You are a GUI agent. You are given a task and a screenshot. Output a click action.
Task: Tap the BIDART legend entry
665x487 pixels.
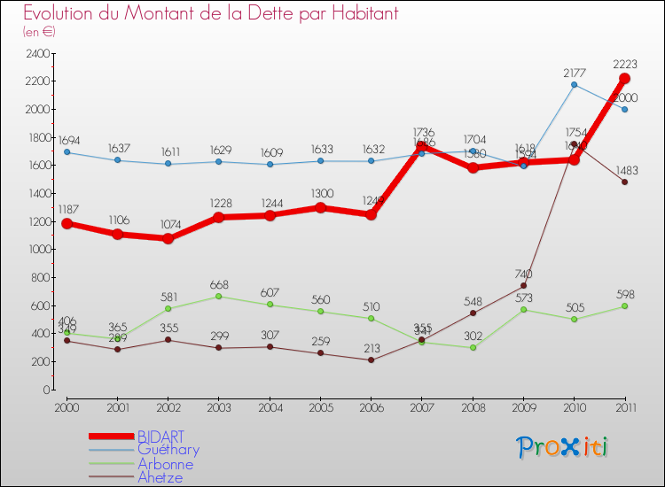(x=161, y=437)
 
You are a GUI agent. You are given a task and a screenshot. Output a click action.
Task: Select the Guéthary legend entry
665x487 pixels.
(x=168, y=450)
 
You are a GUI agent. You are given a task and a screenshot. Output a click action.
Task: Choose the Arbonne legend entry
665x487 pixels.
(x=165, y=464)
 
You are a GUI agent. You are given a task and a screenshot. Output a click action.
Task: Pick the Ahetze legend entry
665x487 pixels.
(x=161, y=477)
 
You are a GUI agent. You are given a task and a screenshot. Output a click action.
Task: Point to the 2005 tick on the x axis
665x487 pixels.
(x=321, y=406)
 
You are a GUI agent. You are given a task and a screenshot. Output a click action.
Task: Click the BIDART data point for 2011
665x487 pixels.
(x=624, y=78)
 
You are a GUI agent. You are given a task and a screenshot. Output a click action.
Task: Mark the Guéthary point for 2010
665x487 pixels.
(x=574, y=85)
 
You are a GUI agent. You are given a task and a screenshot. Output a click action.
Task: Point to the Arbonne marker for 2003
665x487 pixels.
(x=219, y=296)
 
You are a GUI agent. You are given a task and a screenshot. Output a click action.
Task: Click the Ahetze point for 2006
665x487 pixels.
(x=372, y=359)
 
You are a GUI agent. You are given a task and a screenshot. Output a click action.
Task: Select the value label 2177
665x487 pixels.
(x=575, y=71)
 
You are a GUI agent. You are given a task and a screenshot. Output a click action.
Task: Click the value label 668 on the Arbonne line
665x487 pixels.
(x=219, y=284)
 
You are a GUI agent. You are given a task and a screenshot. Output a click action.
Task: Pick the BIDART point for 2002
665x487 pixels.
(x=168, y=239)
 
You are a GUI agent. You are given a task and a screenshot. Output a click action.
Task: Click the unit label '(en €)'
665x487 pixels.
(x=40, y=32)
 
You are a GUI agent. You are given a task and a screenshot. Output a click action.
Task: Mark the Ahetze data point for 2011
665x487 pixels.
(x=624, y=182)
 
